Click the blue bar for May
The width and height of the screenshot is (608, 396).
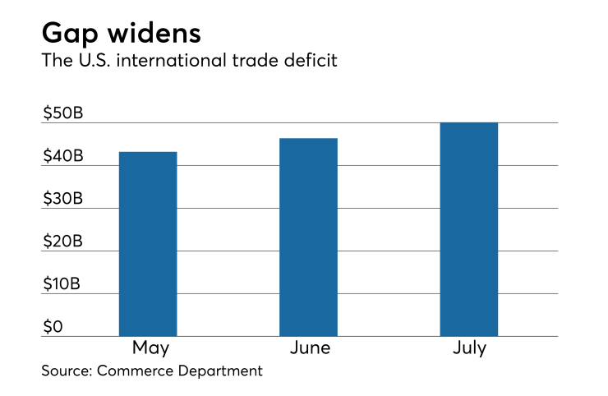tap(148, 244)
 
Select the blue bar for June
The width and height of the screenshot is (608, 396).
tap(308, 237)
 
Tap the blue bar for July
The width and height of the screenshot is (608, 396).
tap(468, 229)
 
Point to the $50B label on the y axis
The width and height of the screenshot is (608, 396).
tap(63, 113)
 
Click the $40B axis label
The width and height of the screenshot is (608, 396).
tap(63, 156)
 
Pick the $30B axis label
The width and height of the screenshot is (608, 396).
tap(63, 199)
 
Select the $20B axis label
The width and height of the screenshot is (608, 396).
tap(63, 242)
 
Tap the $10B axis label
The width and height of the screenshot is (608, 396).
tap(63, 284)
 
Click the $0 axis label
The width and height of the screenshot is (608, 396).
tap(53, 327)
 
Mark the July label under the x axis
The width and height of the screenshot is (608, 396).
tap(468, 348)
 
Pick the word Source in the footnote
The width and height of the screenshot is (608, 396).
tap(67, 371)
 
